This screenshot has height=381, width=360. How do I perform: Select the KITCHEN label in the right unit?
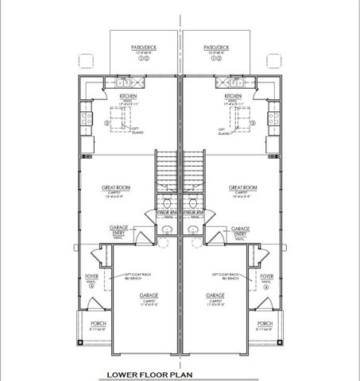[236, 95]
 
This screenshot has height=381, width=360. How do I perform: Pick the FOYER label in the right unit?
[268, 277]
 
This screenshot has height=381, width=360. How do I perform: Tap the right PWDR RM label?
[194, 213]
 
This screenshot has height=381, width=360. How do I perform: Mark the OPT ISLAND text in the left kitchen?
[137, 131]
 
